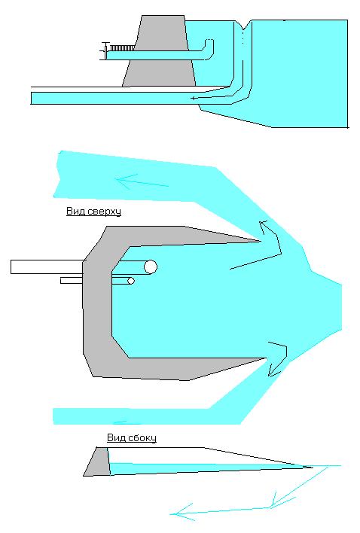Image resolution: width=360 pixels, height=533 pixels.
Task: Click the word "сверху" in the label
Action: point(105,212)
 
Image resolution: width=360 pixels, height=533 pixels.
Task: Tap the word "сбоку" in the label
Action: point(142,437)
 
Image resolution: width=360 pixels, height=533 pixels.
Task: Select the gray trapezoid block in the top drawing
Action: point(159,51)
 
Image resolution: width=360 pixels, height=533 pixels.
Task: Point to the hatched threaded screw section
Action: point(121,48)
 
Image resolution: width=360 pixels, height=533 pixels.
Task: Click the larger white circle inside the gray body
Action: point(151,267)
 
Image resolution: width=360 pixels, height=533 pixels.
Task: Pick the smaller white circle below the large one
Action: point(130,281)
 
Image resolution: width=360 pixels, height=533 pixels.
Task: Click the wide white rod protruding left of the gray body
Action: point(47,266)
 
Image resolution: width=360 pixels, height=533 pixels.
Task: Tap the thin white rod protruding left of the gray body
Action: point(72,281)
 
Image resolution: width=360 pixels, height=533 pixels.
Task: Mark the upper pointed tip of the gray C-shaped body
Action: point(261,242)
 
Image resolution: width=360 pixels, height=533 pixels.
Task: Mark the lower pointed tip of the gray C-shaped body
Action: point(266,358)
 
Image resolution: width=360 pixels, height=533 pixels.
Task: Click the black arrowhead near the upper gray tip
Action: point(264,227)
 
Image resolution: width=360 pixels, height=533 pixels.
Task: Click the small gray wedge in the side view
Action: point(97,461)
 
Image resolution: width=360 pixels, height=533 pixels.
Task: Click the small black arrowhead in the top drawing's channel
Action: point(194,98)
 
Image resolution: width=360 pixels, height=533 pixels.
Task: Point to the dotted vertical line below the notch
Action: point(243,38)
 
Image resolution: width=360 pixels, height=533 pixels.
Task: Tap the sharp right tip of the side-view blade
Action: point(312,468)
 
